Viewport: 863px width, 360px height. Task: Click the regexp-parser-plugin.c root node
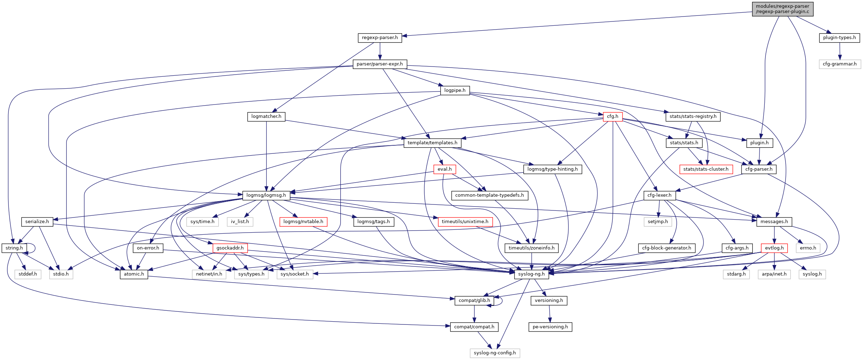click(x=782, y=9)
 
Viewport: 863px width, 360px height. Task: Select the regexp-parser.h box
click(x=380, y=38)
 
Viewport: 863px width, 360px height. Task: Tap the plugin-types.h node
click(x=839, y=38)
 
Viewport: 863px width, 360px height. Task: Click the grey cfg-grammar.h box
click(x=839, y=64)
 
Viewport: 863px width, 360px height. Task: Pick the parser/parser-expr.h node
click(x=380, y=64)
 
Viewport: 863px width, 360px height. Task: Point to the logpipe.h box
click(x=455, y=90)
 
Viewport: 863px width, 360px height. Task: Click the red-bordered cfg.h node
click(x=612, y=116)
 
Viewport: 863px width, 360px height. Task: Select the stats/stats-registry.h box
click(x=693, y=116)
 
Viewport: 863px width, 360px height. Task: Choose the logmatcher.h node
click(x=266, y=116)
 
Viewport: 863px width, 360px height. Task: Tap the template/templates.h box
click(x=432, y=143)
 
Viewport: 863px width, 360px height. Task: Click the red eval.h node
click(x=444, y=169)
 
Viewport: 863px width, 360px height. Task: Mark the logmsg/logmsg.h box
click(x=266, y=195)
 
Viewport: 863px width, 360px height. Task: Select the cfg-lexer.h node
click(x=659, y=195)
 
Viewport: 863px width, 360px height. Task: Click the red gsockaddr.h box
click(x=230, y=248)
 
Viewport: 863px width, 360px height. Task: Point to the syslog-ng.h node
click(x=531, y=274)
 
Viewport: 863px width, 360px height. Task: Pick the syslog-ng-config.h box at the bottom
click(x=494, y=353)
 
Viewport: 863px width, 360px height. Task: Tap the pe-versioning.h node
click(x=550, y=327)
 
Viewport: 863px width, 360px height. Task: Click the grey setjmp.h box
click(x=658, y=222)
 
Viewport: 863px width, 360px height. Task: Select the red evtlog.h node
click(x=774, y=248)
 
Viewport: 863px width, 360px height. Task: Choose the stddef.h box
click(x=28, y=274)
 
